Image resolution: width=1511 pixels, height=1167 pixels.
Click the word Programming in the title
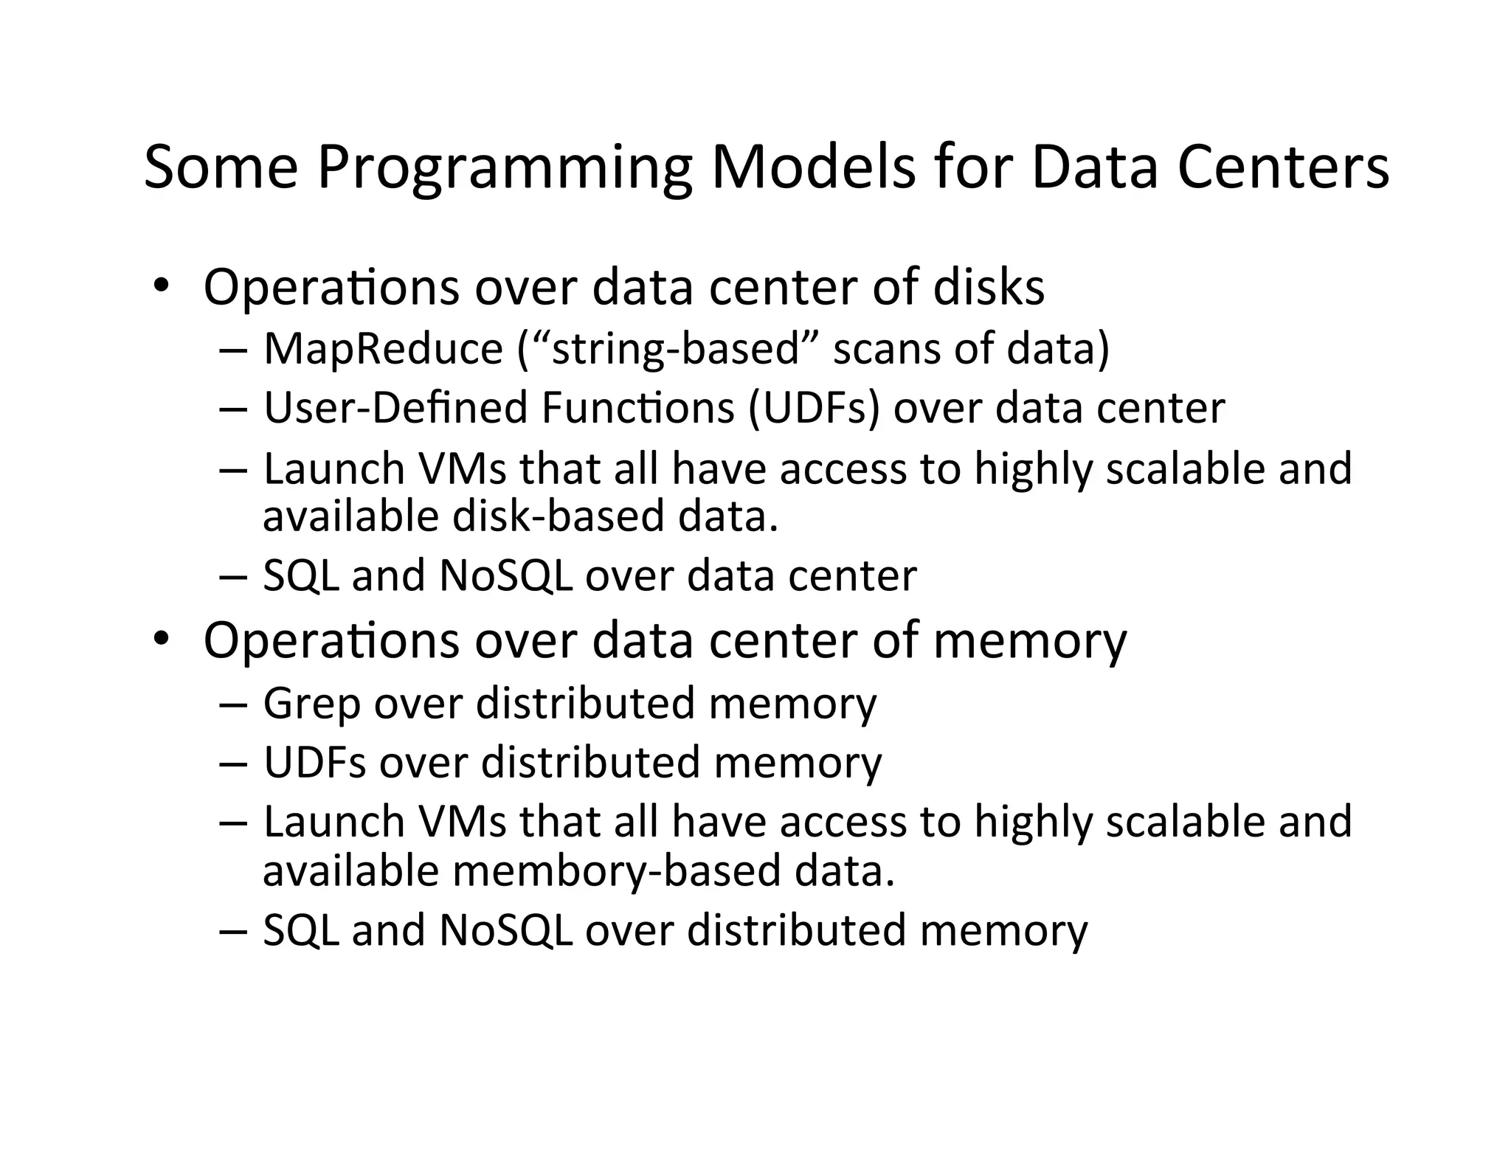pos(505,168)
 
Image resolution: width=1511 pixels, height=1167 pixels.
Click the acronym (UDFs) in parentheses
pos(814,408)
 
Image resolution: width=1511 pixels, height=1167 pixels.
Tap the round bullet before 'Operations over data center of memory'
pos(160,639)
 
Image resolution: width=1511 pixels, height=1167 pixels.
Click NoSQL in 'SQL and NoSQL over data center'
pos(505,575)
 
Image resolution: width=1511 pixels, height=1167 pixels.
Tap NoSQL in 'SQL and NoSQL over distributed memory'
pos(505,929)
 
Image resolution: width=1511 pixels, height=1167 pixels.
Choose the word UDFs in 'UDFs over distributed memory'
pos(315,762)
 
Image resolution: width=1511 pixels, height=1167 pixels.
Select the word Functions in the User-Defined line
pos(637,408)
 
